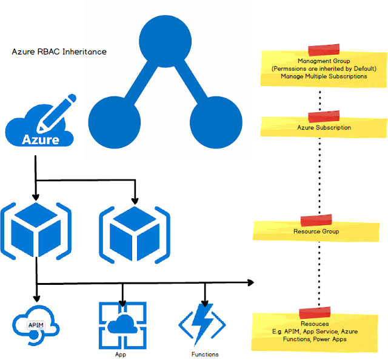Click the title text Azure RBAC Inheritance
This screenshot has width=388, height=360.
coord(59,52)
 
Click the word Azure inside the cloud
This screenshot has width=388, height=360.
coord(41,139)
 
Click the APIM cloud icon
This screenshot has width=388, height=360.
coord(37,325)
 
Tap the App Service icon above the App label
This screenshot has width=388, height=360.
coord(122,324)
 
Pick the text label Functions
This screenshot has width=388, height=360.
coord(205,354)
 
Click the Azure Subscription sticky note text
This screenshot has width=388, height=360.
coord(324,128)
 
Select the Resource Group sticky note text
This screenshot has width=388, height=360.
coord(316,231)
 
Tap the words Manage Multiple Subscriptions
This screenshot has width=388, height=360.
coord(324,76)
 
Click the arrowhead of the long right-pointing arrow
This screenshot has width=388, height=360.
coord(250,282)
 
